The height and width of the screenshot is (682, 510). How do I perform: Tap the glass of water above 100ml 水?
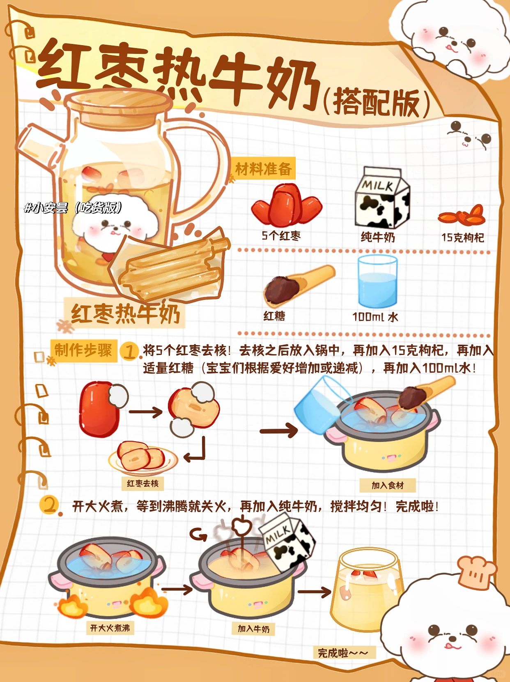point(377,282)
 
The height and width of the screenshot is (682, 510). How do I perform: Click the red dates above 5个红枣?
point(287,204)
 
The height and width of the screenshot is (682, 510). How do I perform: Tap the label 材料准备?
point(264,169)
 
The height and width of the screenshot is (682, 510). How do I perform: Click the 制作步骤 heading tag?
point(83,350)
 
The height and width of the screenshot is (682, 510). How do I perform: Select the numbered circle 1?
point(129,352)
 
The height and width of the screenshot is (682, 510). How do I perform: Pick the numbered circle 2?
point(49,505)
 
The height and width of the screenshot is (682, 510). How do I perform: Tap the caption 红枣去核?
point(142,484)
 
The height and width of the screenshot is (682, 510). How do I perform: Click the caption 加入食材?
point(387,485)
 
